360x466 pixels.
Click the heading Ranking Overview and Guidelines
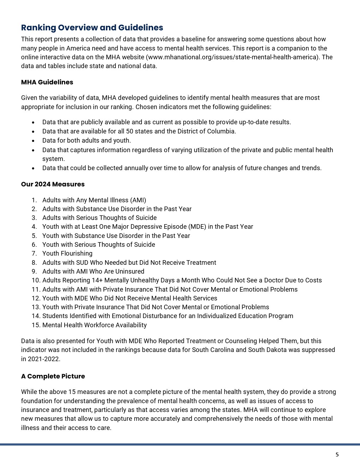tap(92, 28)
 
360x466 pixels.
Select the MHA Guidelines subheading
tap(47, 82)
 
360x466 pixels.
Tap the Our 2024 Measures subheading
tap(53, 184)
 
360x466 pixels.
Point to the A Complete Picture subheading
tap(53, 376)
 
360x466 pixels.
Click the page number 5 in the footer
tap(337, 455)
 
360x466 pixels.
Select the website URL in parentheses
tap(239, 57)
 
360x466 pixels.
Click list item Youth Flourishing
tap(67, 253)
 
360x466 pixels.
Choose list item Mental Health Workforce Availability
tap(94, 325)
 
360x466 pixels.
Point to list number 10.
tap(36, 280)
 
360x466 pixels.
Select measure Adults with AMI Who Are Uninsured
tap(93, 271)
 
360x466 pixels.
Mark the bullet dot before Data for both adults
tap(33, 141)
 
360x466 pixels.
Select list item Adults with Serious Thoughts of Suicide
tap(99, 218)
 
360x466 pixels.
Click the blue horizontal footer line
tap(180, 444)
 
